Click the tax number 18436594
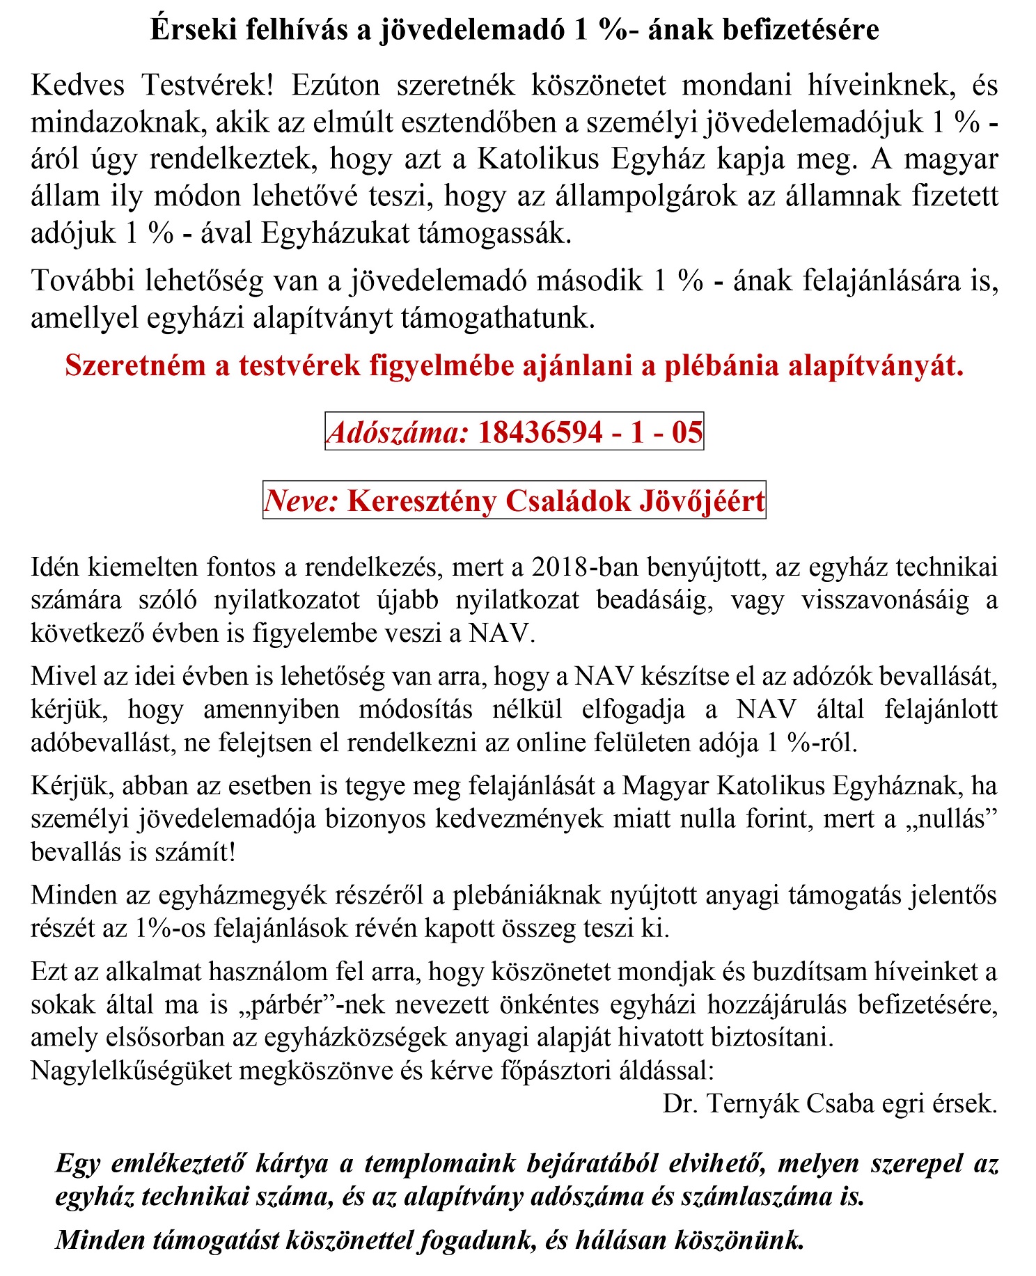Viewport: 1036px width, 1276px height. pos(540,432)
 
